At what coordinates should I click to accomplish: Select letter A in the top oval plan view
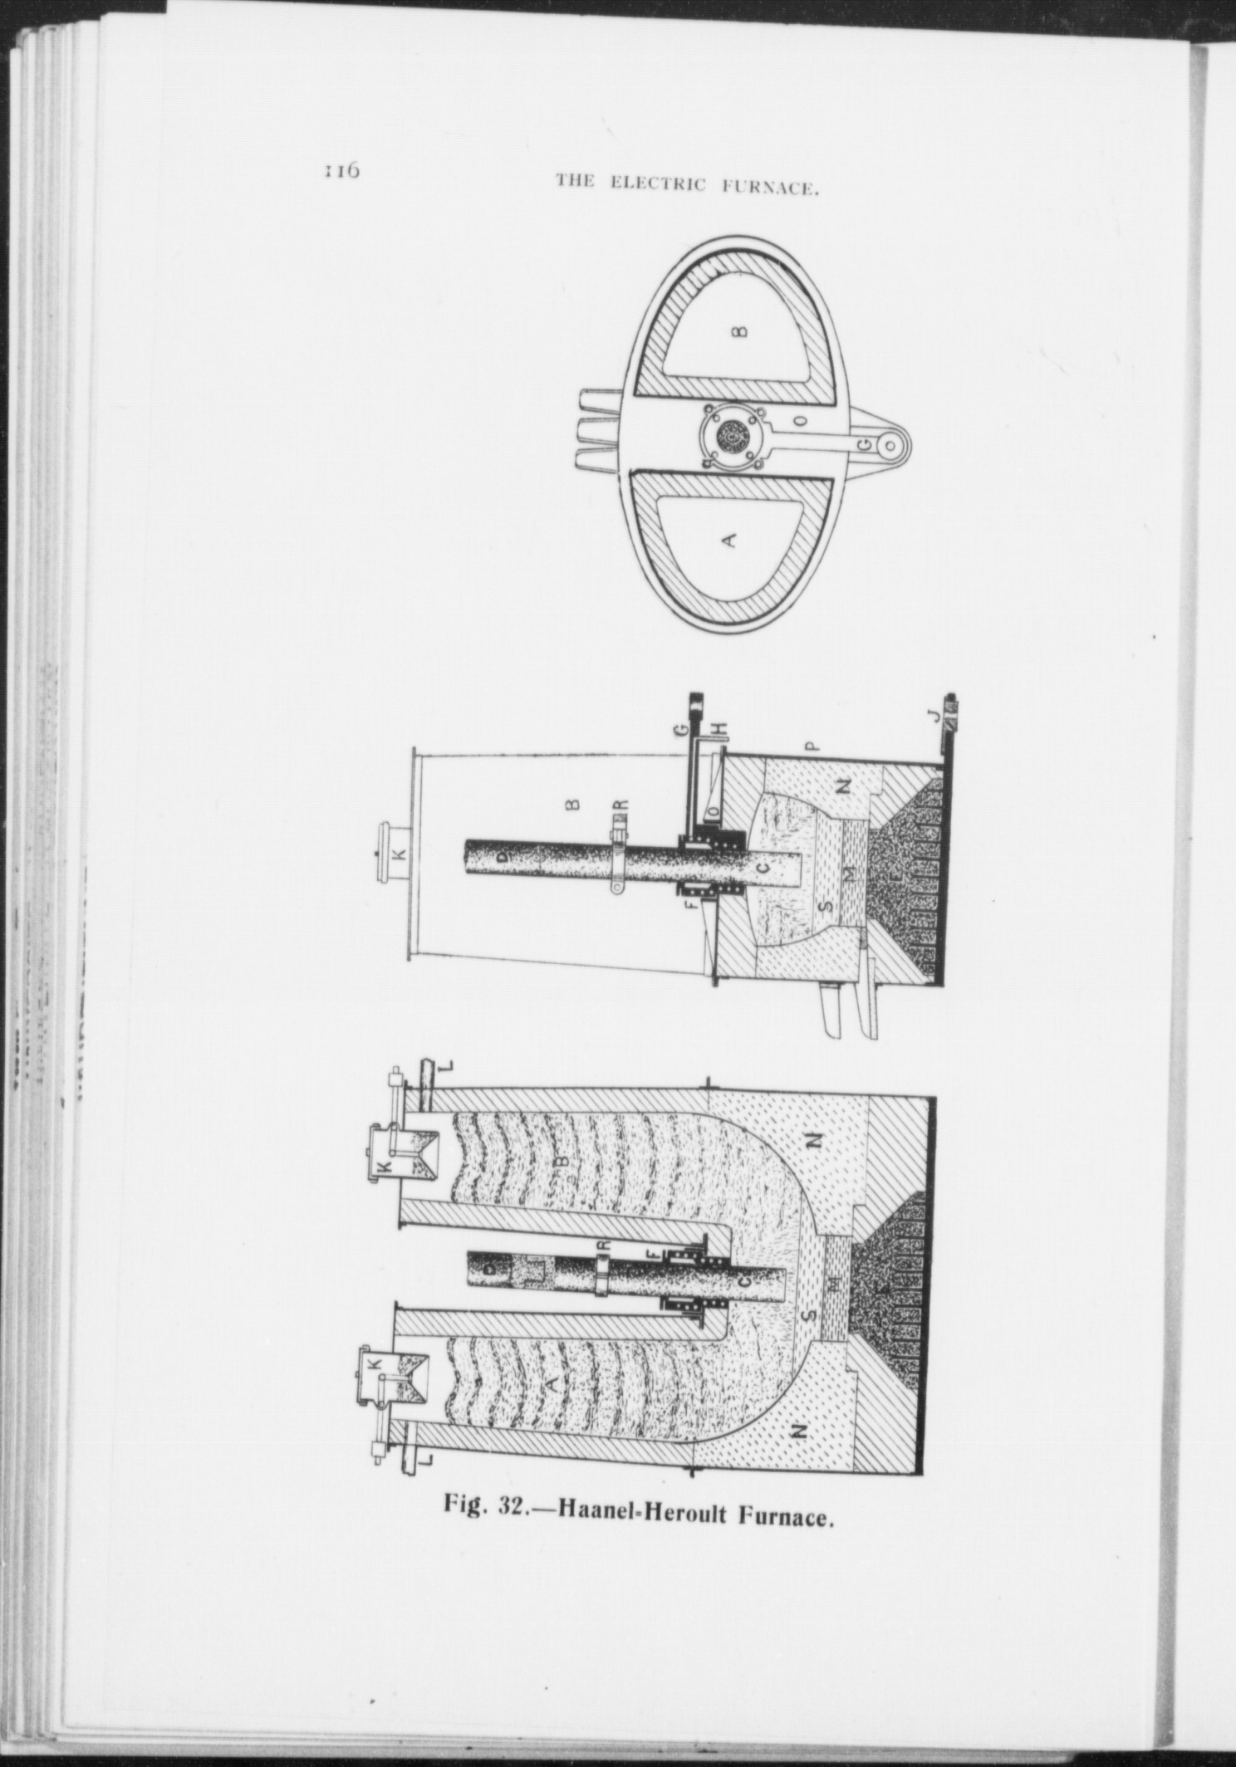pos(729,541)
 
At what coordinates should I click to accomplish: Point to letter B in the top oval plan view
pos(742,331)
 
